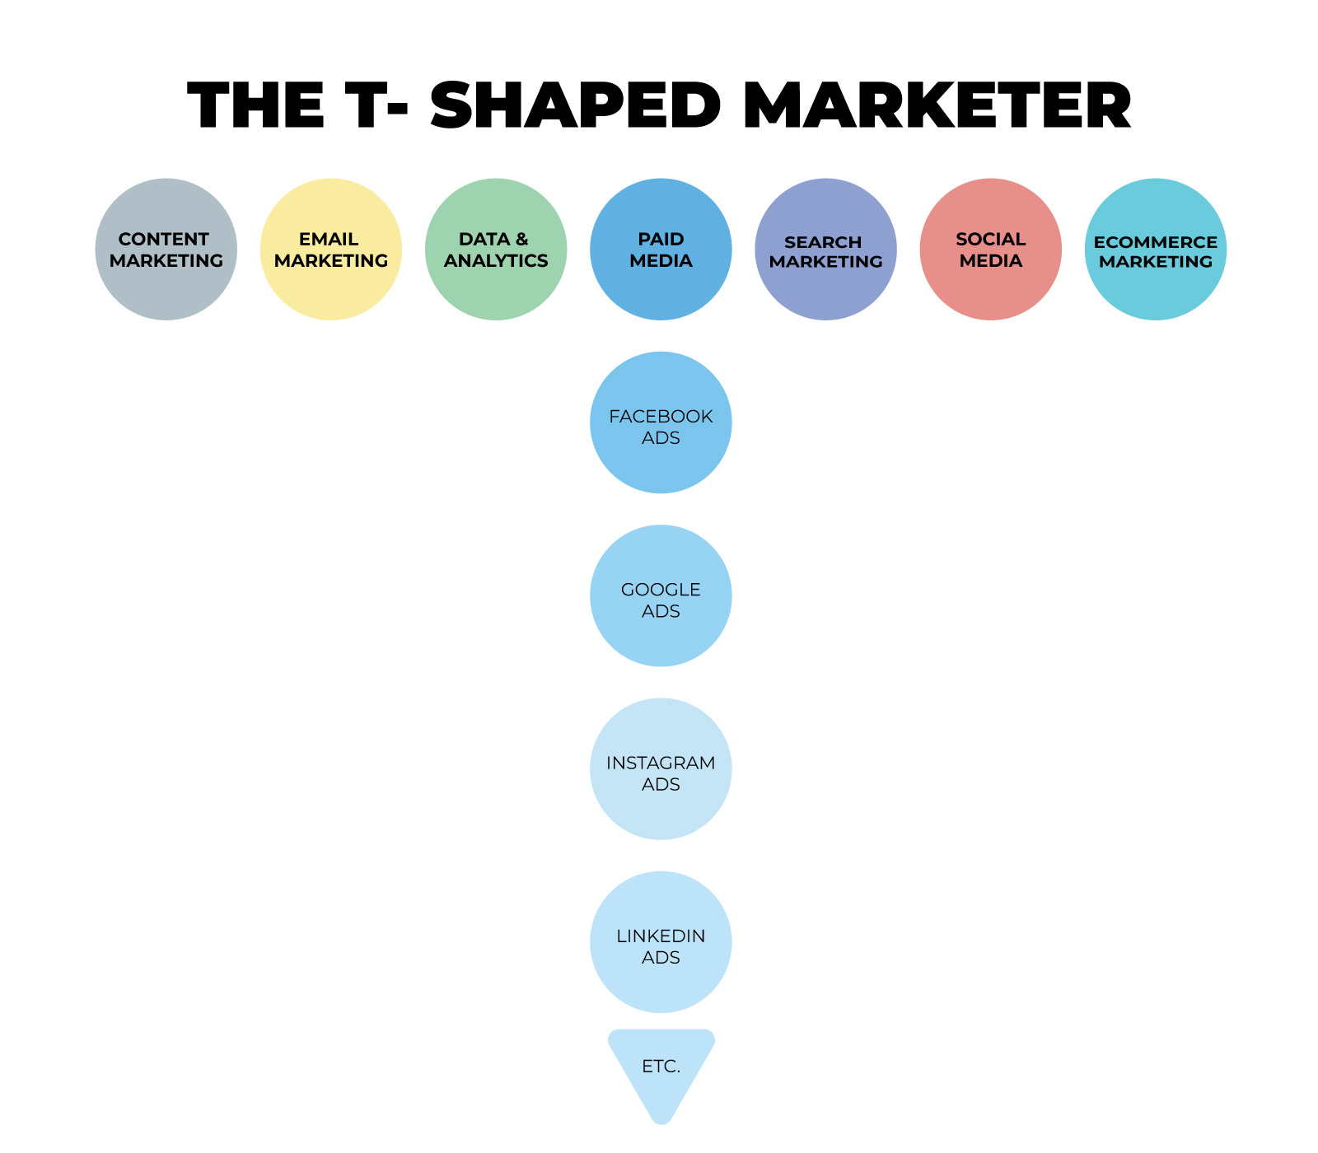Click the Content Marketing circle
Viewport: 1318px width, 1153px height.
click(166, 250)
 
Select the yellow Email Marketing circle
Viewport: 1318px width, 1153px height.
click(331, 250)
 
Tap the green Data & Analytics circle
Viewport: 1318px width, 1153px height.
click(496, 250)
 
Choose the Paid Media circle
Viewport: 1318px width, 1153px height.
click(661, 250)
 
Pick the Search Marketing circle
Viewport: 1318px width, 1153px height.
click(825, 250)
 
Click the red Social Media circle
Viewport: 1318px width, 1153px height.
click(990, 250)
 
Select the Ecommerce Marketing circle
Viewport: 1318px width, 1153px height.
click(1156, 250)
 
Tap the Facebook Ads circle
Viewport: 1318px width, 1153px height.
click(661, 422)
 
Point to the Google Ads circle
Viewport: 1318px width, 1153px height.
click(661, 595)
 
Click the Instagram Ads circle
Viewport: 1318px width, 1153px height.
click(661, 768)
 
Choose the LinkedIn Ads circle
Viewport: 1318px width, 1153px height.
click(661, 941)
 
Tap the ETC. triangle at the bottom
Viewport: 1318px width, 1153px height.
click(661, 1067)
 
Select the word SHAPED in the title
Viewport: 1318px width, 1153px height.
click(575, 106)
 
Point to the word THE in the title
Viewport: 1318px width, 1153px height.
click(255, 106)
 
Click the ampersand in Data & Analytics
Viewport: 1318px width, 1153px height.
click(521, 239)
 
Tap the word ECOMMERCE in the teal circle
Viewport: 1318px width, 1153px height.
click(1156, 242)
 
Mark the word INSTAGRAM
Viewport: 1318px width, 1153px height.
click(661, 763)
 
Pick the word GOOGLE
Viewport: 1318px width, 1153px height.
click(661, 590)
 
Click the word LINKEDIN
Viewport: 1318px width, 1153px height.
click(661, 936)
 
